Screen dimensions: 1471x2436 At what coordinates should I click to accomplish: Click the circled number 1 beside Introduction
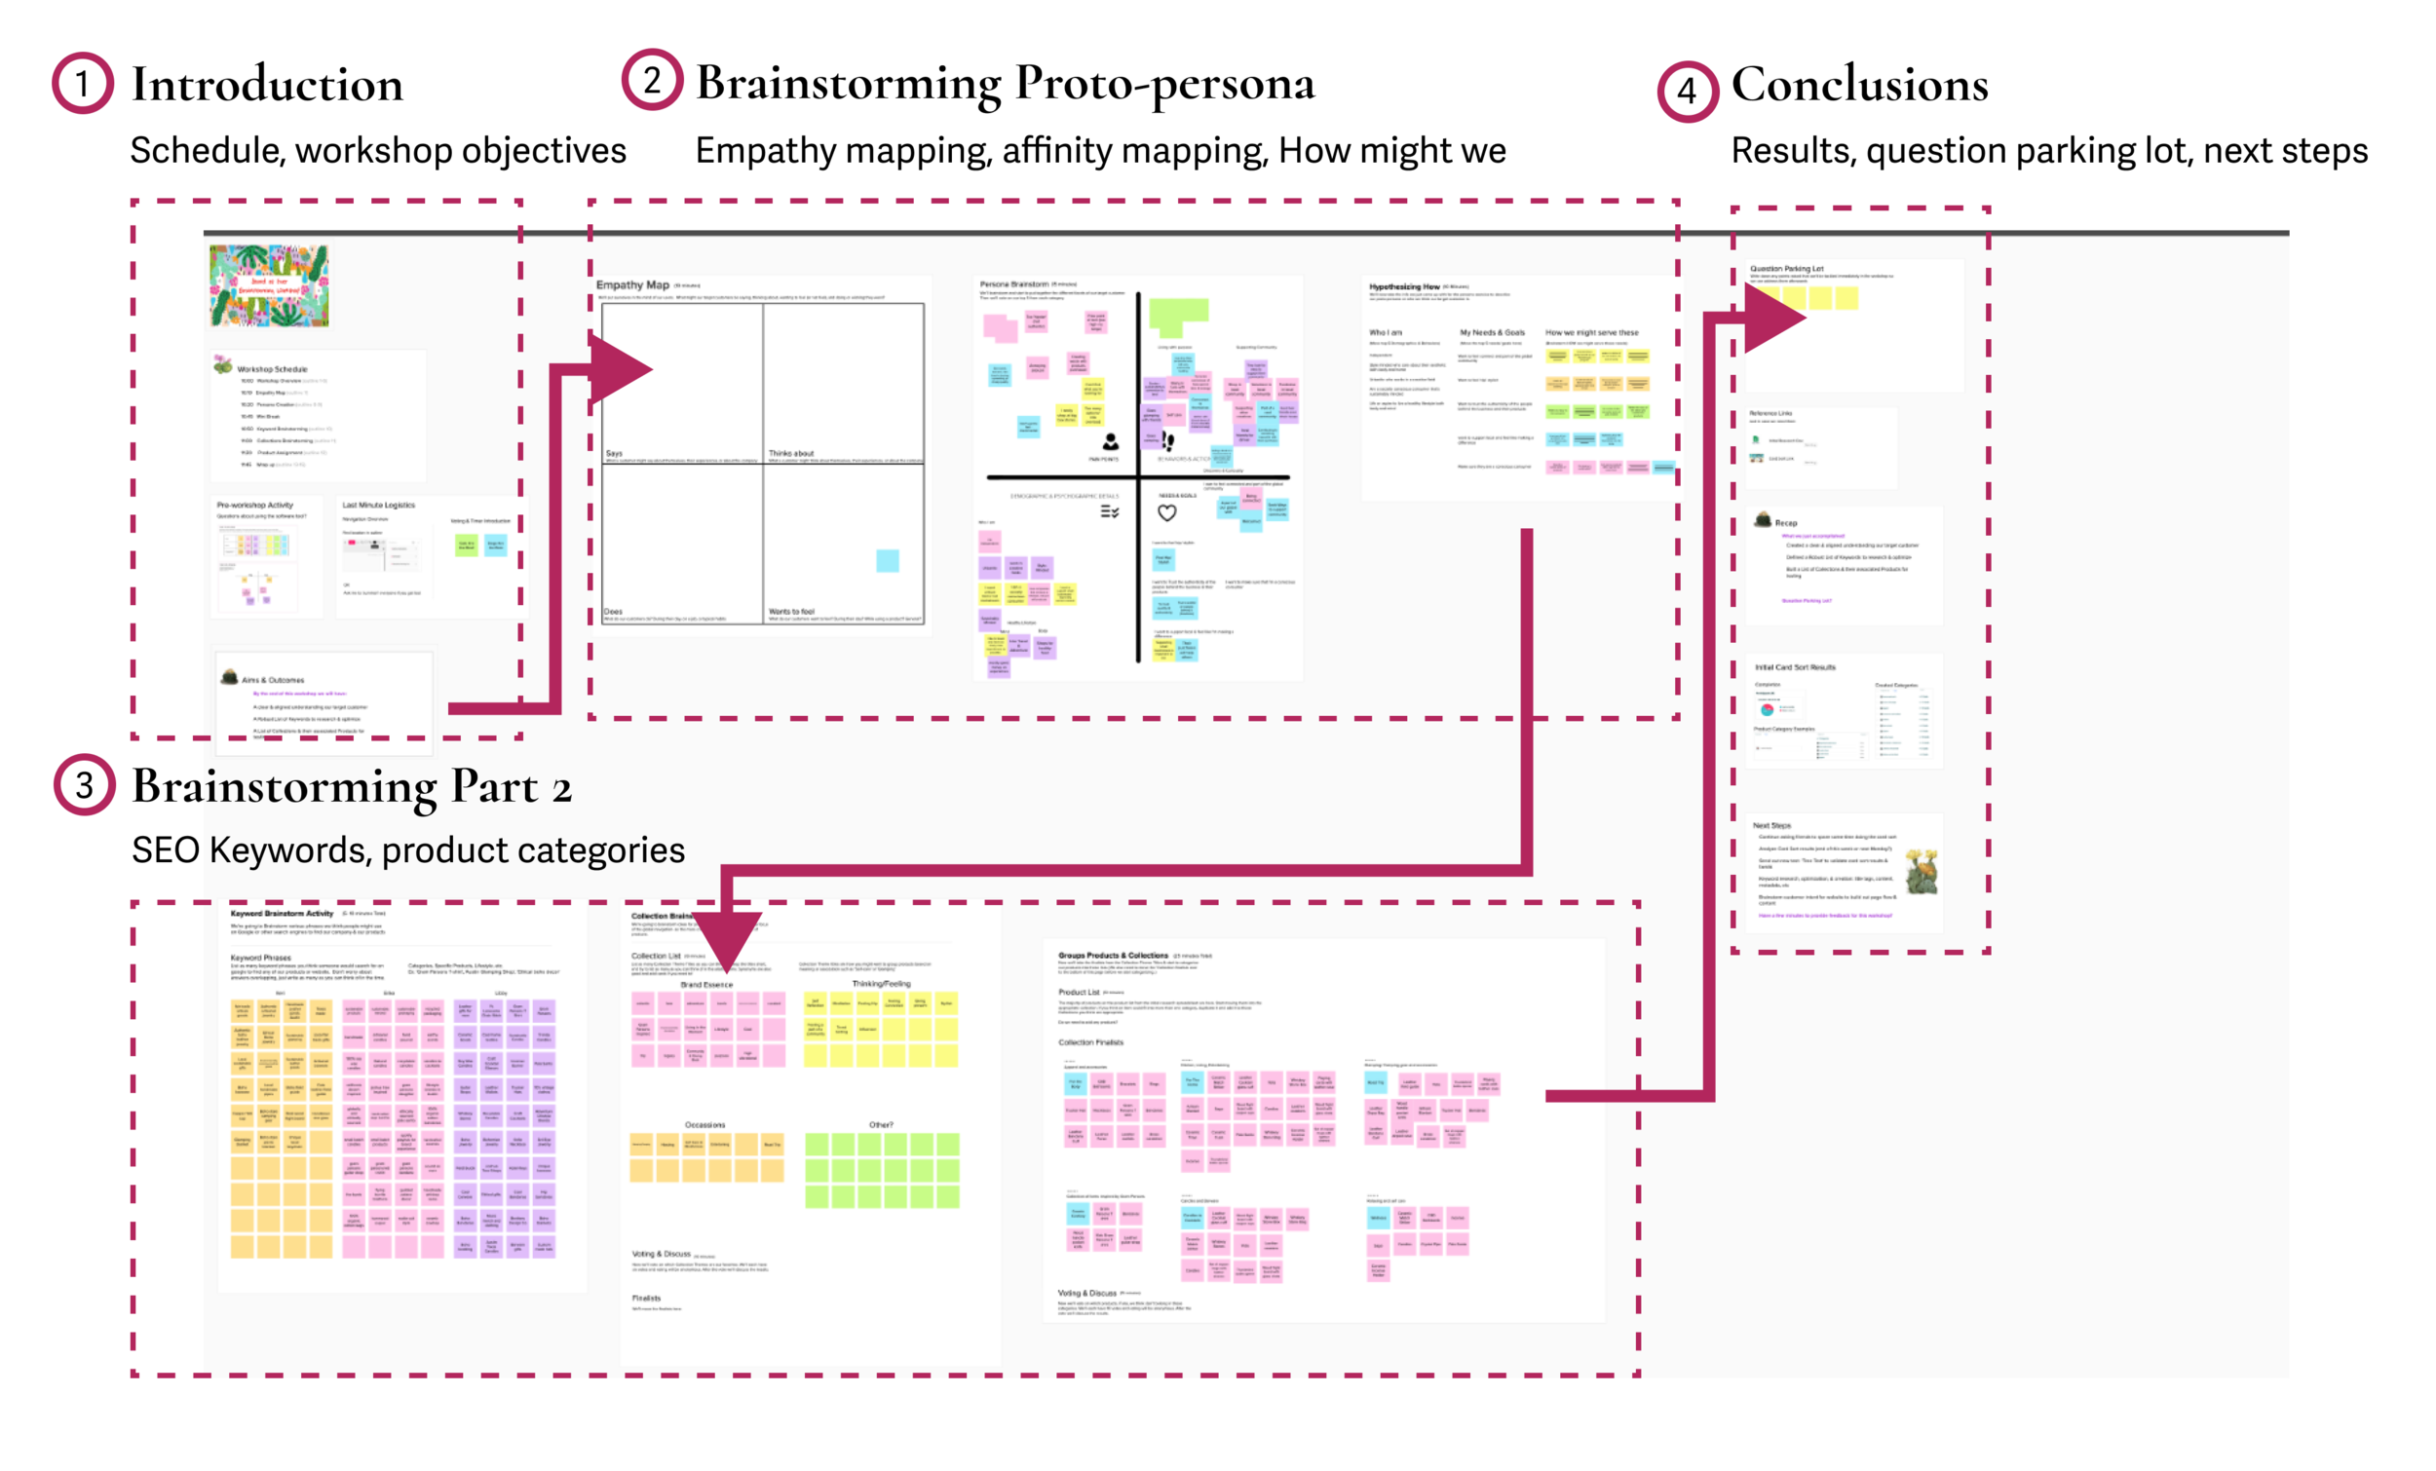tap(83, 83)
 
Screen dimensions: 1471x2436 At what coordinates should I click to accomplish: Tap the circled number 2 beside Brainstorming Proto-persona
tap(652, 80)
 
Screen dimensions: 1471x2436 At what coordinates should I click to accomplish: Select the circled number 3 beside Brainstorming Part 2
tap(84, 785)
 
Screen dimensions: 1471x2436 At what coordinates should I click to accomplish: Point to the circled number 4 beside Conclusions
tap(1687, 91)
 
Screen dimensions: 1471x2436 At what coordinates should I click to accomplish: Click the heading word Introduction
tap(267, 85)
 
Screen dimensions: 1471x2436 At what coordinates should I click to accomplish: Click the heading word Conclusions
tap(1858, 85)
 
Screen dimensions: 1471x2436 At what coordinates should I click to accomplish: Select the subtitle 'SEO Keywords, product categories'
tap(407, 850)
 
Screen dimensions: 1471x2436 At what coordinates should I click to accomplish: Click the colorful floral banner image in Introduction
tap(269, 285)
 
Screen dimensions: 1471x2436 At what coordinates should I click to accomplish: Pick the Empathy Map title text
tap(632, 284)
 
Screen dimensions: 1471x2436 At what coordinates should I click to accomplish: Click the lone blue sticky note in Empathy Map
tap(887, 560)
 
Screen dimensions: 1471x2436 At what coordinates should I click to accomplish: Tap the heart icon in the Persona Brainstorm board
tap(1166, 512)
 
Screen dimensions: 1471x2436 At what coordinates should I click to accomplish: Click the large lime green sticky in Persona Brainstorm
tap(1177, 316)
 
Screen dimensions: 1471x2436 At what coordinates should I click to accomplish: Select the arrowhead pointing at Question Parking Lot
tap(1774, 318)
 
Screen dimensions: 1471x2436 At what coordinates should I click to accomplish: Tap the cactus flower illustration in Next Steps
tap(1921, 872)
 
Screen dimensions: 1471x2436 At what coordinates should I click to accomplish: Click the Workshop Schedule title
tap(272, 369)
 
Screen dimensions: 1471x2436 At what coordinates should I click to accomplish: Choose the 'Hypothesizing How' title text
tap(1404, 286)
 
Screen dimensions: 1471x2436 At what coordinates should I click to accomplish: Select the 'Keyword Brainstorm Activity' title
tap(282, 914)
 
